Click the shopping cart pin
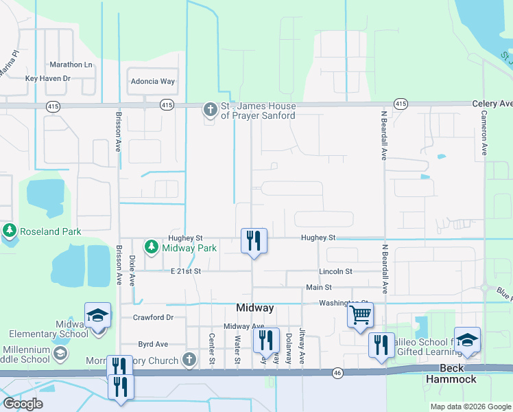point(360,315)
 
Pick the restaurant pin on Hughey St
point(254,240)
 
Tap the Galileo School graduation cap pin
point(467,340)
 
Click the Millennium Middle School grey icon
point(60,354)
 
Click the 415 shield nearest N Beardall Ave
point(401,104)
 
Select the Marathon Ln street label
point(71,65)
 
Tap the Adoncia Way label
point(152,81)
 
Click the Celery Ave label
point(492,104)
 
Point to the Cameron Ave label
point(484,133)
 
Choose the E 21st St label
point(185,271)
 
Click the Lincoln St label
point(335,272)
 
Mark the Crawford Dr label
point(152,317)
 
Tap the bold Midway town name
point(255,308)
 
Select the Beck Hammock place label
point(453,373)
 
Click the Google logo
point(23,404)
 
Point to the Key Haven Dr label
point(48,78)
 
